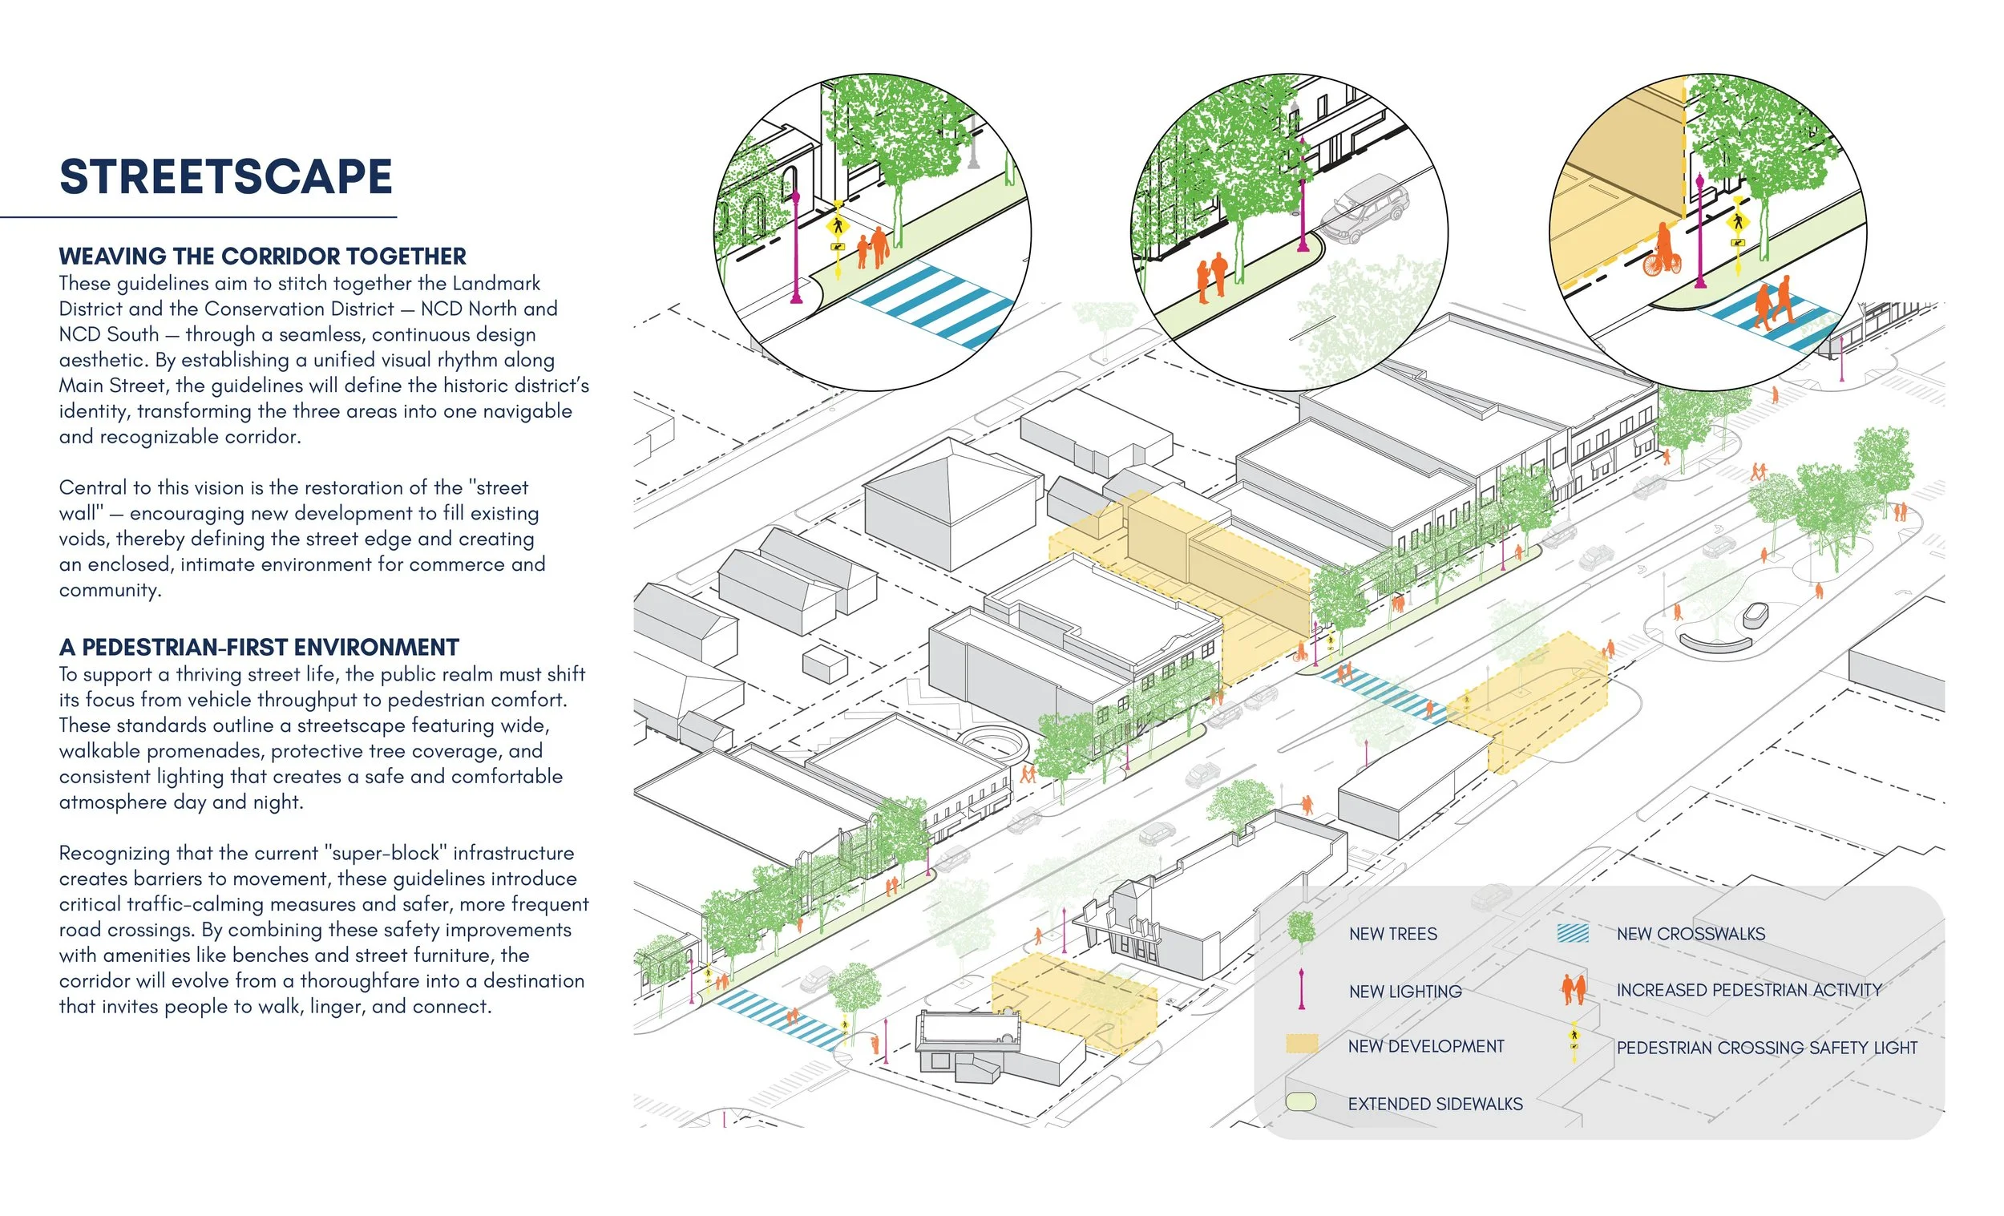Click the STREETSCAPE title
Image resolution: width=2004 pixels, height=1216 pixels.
[x=226, y=176]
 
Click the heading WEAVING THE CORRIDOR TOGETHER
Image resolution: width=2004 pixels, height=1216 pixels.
[x=263, y=257]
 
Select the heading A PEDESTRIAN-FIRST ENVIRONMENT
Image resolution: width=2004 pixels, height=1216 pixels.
[x=260, y=648]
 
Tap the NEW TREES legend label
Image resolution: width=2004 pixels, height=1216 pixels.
[x=1392, y=934]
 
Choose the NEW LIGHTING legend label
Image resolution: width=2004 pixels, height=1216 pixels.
[x=1404, y=992]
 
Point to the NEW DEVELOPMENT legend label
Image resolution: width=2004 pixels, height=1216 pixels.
[x=1426, y=1046]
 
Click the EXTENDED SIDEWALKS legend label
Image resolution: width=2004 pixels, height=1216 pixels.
[x=1436, y=1104]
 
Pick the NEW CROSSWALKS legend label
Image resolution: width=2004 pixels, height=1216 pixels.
[x=1691, y=934]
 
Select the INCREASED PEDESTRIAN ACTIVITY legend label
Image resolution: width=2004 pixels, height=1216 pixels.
[x=1749, y=990]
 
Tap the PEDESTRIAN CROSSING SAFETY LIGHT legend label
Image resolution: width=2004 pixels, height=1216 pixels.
[x=1767, y=1048]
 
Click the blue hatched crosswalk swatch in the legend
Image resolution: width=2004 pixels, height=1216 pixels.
[x=1573, y=933]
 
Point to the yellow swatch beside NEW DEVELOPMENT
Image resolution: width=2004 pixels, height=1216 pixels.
[x=1301, y=1044]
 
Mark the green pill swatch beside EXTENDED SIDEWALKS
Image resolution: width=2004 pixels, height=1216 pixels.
[x=1300, y=1103]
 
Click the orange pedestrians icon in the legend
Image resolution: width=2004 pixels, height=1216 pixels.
[x=1574, y=989]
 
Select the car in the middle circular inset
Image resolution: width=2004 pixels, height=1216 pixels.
[x=1364, y=209]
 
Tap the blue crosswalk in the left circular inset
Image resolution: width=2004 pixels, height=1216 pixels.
[x=934, y=306]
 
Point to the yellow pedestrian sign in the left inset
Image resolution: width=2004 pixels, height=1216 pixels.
[x=838, y=225]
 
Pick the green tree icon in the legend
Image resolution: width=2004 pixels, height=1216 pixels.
[x=1301, y=931]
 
